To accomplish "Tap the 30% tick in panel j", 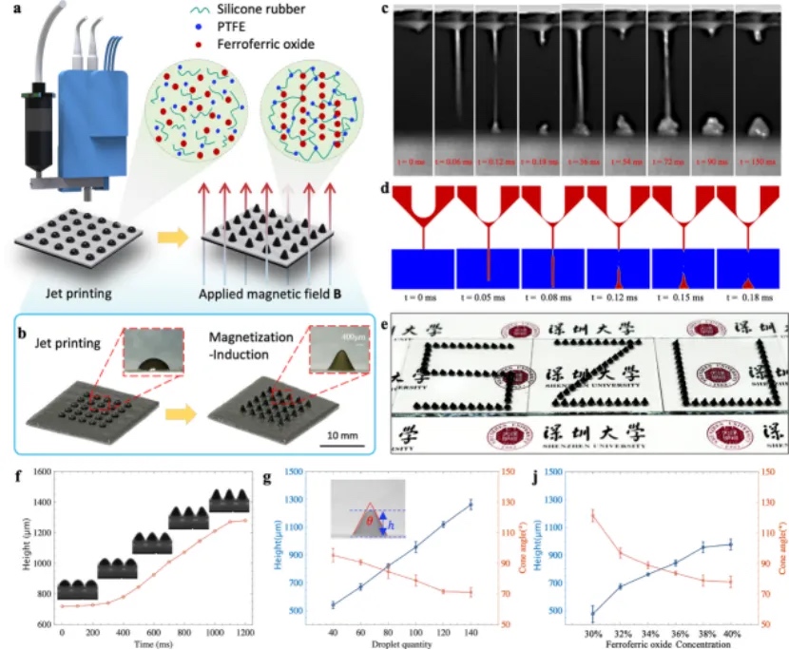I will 592,630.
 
